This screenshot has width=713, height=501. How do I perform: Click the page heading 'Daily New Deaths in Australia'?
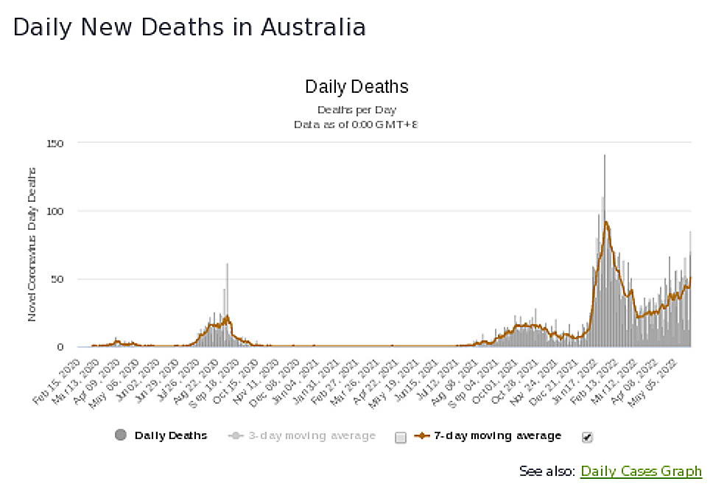click(x=189, y=27)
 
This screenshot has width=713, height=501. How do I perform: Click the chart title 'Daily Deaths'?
click(x=356, y=87)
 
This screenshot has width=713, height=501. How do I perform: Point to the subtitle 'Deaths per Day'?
click(x=356, y=110)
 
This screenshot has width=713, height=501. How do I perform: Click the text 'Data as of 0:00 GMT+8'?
click(x=356, y=125)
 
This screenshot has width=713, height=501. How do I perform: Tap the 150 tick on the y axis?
click(x=65, y=143)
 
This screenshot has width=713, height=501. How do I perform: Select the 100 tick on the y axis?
click(x=65, y=211)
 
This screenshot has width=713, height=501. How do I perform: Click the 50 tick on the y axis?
click(x=67, y=279)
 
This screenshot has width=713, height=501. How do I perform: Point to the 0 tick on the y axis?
click(x=70, y=347)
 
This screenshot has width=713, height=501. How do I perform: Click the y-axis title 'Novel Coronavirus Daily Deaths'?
click(x=32, y=244)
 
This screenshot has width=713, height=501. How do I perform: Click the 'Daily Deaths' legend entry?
click(x=162, y=435)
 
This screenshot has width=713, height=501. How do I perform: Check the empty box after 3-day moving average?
click(x=401, y=437)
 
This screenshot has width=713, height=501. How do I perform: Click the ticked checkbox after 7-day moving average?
click(x=587, y=437)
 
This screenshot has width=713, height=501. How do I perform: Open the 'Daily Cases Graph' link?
click(x=641, y=472)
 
